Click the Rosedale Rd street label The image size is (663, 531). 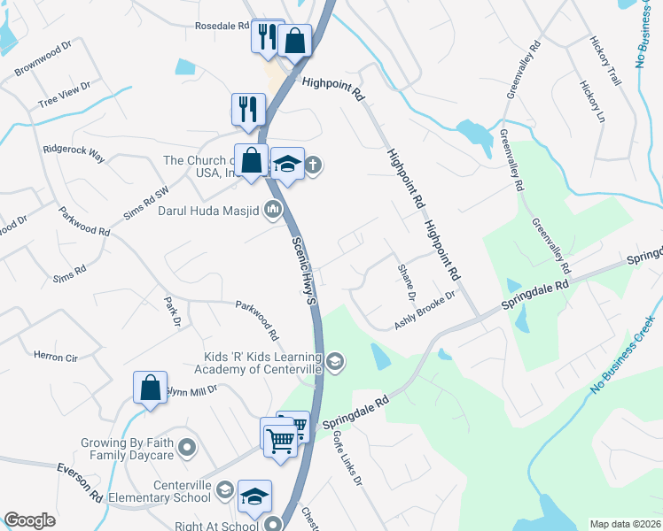point(222,27)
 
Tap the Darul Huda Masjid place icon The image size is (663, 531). point(273,210)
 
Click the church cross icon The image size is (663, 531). point(314,165)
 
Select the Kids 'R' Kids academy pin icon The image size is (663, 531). point(335,360)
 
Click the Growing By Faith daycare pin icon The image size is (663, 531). point(186,449)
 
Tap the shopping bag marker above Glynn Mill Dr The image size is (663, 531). point(150,387)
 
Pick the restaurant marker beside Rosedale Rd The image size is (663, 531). point(264,36)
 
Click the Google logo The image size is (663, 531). point(29,520)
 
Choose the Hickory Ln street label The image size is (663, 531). point(591,103)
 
